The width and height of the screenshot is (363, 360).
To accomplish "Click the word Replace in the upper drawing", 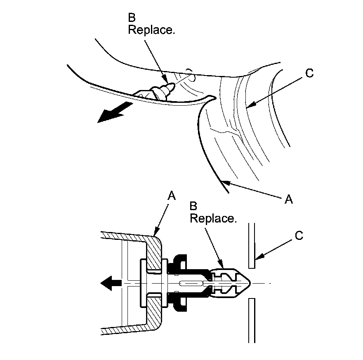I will click(151, 31).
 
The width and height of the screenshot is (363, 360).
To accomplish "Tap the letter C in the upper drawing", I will click(309, 73).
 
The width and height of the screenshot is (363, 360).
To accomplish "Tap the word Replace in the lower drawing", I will click(213, 218).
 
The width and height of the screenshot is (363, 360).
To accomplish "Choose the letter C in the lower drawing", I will click(299, 235).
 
